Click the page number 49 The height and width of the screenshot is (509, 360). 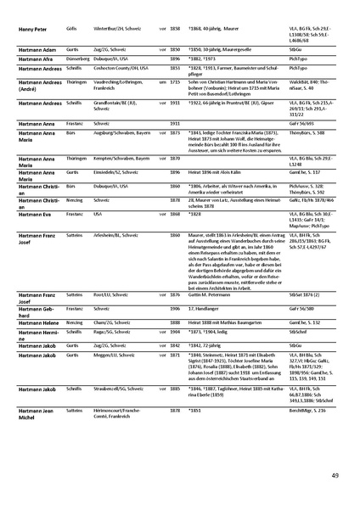(x=335, y=475)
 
